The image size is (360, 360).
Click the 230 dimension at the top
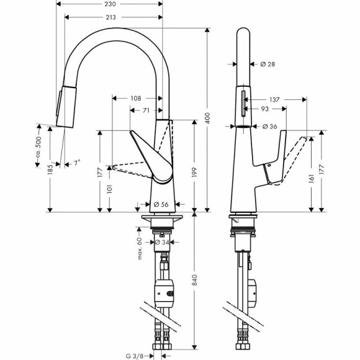(112, 4)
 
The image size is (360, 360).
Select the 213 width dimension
(112, 17)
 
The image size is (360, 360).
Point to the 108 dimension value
(136, 98)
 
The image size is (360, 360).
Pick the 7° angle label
(77, 164)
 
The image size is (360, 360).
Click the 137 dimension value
(276, 99)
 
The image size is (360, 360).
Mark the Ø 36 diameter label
(269, 127)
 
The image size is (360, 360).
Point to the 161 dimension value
(310, 178)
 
